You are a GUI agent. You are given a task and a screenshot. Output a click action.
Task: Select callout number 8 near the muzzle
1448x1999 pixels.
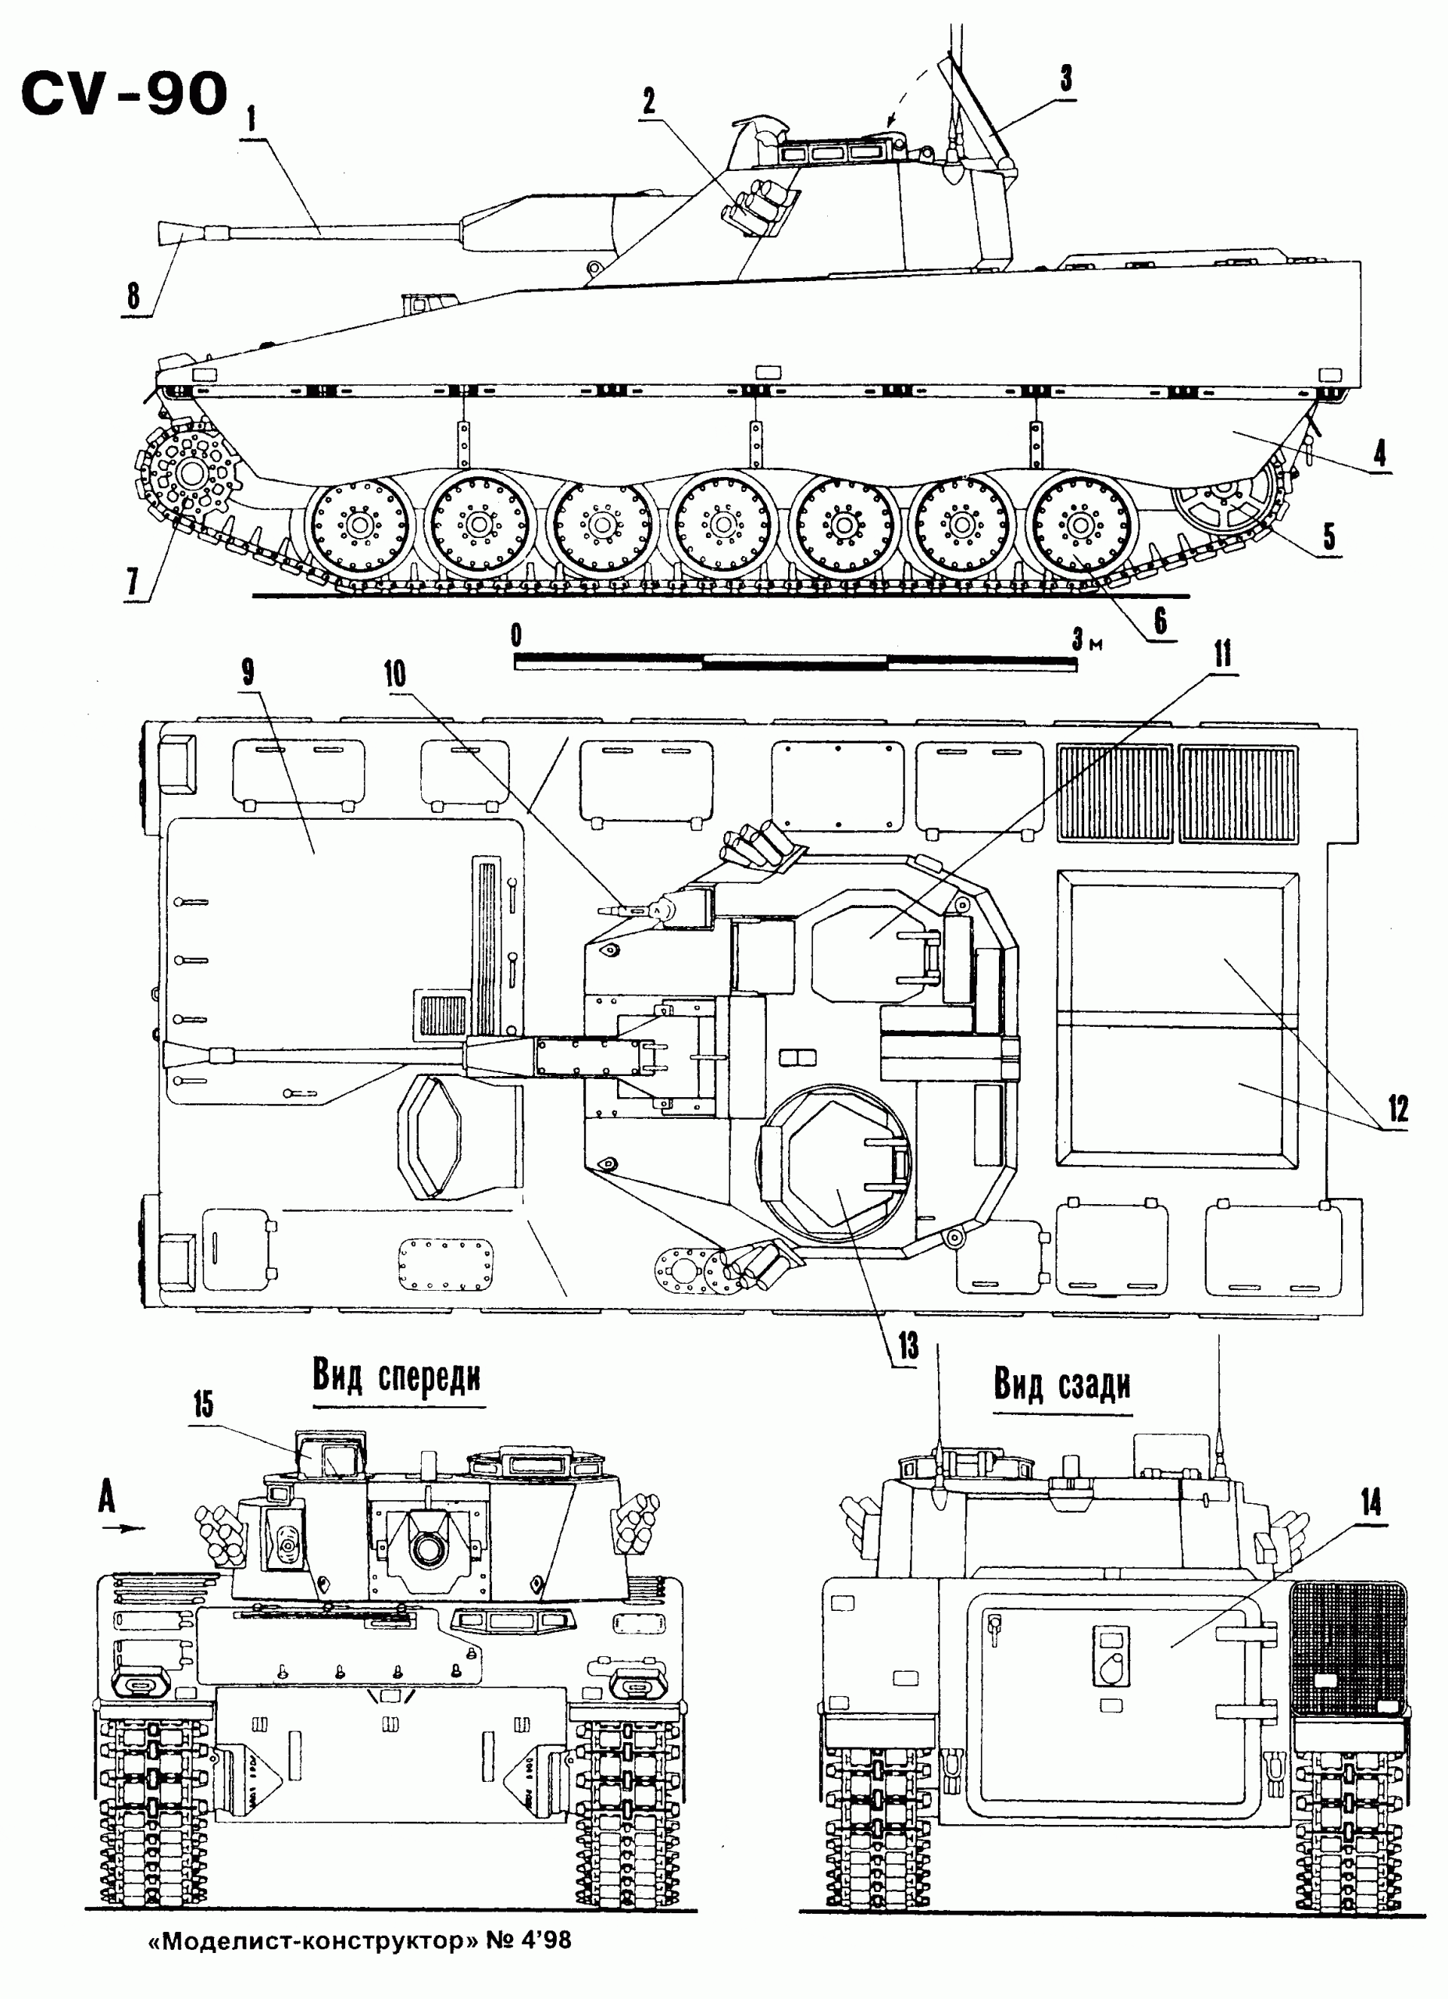[x=133, y=296]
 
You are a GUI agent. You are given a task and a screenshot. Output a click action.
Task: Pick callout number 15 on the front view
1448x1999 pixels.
[x=204, y=1405]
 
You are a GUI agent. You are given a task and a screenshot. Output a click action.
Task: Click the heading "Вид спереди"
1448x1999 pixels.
[x=397, y=1377]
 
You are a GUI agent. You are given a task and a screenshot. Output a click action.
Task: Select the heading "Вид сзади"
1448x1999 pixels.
[x=1062, y=1384]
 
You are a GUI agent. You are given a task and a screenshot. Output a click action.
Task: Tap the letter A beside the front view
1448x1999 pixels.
[x=107, y=1497]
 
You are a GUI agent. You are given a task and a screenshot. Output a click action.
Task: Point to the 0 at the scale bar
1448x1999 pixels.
[x=516, y=635]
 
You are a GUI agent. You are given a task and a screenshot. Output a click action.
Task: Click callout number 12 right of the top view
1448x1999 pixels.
[x=1398, y=1108]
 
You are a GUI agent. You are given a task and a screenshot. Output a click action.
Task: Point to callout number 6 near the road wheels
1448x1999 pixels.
[x=1161, y=622]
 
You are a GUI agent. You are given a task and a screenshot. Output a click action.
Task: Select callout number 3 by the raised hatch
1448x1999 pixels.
[x=1065, y=80]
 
